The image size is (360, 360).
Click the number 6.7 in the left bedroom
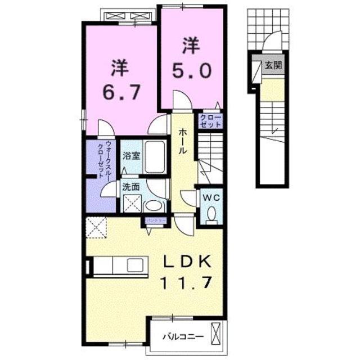click(x=120, y=91)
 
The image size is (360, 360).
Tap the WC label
click(x=212, y=198)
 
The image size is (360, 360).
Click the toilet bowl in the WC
click(x=212, y=215)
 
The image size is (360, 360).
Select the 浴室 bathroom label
click(x=132, y=155)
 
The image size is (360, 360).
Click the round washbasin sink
click(x=154, y=205)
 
